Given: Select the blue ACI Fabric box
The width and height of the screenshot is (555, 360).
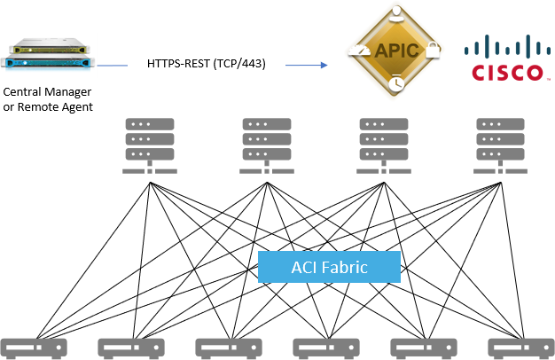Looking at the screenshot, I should pos(329,266).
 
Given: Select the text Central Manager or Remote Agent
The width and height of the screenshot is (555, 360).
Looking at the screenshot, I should pos(48,99).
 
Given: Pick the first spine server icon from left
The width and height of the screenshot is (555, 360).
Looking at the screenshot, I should pos(150,145).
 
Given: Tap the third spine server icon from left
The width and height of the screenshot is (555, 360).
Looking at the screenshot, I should pos(383,145).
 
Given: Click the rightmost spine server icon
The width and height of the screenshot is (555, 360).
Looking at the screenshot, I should pos(501,145).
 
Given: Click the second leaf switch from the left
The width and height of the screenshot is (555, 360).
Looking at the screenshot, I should pos(130,347).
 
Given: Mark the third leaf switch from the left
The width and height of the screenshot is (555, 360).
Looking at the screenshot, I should pos(228,347).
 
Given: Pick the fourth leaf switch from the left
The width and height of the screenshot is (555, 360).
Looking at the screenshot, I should pos(325,347).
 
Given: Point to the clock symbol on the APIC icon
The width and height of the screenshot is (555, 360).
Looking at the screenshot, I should pos(394,82).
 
